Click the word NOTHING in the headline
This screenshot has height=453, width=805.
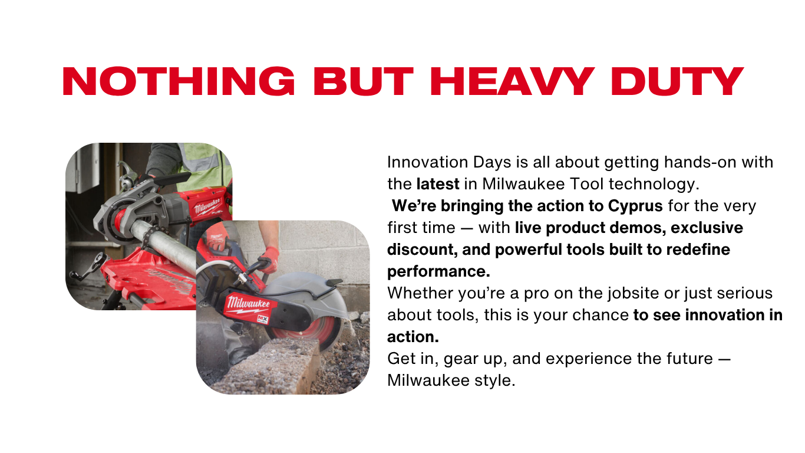pyautogui.click(x=179, y=81)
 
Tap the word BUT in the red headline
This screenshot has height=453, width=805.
pyautogui.click(x=364, y=81)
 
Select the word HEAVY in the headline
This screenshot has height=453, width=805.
pyautogui.click(x=512, y=81)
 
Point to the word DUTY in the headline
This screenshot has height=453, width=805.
pyautogui.click(x=677, y=81)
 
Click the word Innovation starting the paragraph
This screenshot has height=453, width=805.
pyautogui.click(x=428, y=162)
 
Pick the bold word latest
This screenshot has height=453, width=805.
pyautogui.click(x=438, y=184)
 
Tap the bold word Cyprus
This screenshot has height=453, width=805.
pyautogui.click(x=635, y=206)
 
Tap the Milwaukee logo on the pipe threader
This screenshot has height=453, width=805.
pyautogui.click(x=207, y=206)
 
